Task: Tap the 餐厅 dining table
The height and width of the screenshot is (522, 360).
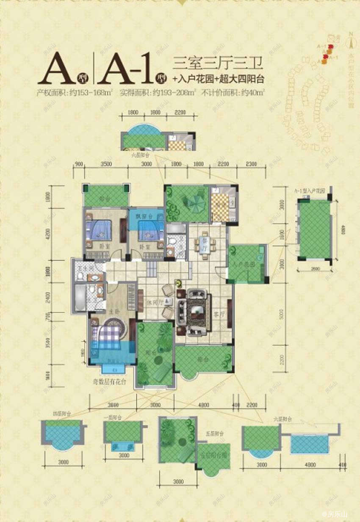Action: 205,245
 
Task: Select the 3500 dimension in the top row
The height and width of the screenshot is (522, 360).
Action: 106,164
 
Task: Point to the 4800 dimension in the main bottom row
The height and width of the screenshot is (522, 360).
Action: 204,405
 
